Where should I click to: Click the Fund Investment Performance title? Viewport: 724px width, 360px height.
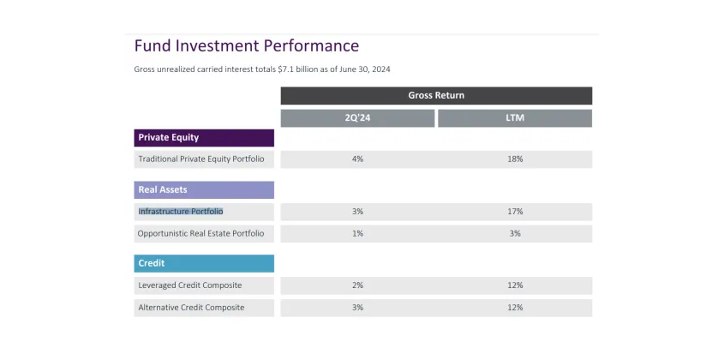coord(247,45)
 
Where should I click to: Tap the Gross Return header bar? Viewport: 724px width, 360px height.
coord(436,95)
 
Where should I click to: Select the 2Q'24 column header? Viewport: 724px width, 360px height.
coord(357,118)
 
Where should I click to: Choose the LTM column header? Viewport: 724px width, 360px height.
coord(514,118)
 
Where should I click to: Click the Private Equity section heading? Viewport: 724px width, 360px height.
coord(169,137)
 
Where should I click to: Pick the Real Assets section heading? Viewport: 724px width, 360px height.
coord(163,189)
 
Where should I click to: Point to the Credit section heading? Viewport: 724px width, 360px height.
coord(152,263)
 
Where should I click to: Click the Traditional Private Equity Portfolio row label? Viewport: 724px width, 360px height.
coord(201,159)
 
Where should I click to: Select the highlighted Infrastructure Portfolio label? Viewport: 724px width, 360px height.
coord(181,211)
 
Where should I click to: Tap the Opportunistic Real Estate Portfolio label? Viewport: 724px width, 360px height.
coord(201,233)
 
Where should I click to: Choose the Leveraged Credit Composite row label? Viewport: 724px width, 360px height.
coord(190,285)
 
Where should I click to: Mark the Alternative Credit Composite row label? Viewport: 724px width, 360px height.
coord(191,307)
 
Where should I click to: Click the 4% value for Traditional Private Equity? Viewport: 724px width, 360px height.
coord(357,159)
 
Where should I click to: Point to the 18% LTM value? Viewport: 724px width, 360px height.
coord(514,159)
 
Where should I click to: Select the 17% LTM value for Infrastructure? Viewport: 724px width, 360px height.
coord(514,211)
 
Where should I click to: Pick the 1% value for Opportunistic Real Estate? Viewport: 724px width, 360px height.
coord(357,233)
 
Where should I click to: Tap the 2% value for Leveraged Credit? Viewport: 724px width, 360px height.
coord(357,285)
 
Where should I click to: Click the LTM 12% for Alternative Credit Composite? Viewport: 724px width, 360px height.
coord(514,307)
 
